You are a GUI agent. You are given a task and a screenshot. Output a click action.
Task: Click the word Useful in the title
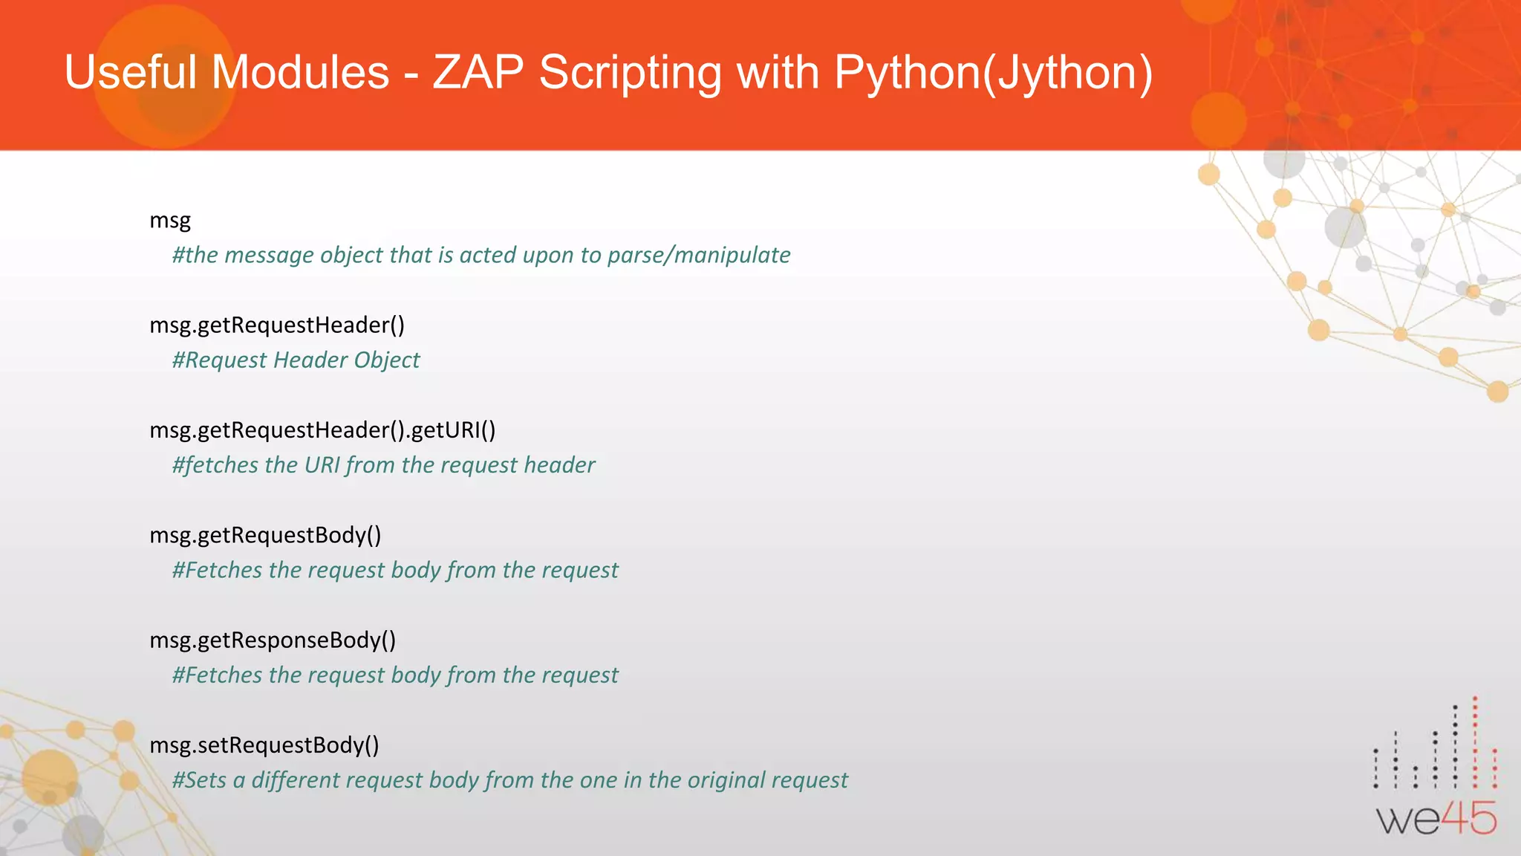tap(131, 73)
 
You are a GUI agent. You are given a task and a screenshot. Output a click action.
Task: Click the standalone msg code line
tap(170, 221)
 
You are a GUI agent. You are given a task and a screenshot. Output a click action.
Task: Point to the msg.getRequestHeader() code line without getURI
tap(277, 325)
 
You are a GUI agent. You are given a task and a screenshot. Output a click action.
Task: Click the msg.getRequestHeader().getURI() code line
tap(322, 430)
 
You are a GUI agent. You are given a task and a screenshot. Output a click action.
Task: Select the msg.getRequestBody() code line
tap(265, 536)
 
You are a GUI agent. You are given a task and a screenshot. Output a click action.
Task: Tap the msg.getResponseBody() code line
tap(273, 641)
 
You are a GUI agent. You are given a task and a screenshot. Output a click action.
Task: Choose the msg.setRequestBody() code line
tap(264, 745)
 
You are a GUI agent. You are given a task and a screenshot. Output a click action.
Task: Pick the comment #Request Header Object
tap(296, 360)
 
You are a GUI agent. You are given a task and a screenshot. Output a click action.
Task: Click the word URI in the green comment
tap(322, 465)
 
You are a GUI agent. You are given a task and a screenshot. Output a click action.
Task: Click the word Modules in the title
tap(300, 73)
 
